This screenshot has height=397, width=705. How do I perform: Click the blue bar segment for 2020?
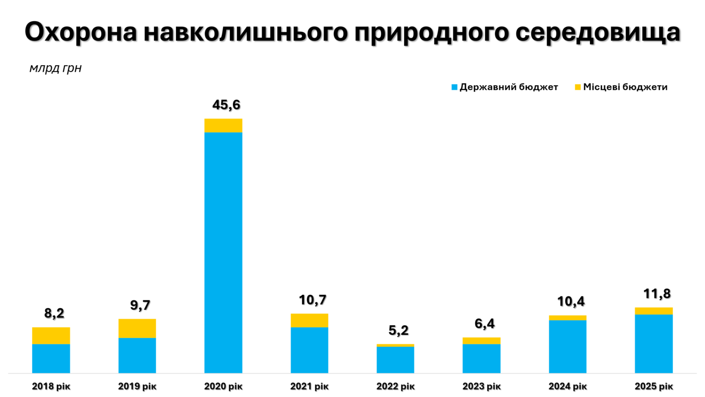(x=223, y=252)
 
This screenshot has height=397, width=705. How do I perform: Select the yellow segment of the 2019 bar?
(x=137, y=328)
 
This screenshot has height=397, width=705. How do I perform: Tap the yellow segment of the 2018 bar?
(x=51, y=335)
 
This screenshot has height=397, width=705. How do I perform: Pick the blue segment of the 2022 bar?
(x=395, y=359)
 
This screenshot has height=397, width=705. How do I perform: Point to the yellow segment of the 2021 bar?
(x=309, y=320)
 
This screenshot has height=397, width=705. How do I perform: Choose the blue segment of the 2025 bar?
(x=653, y=343)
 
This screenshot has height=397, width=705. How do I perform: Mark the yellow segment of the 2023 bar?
(x=481, y=341)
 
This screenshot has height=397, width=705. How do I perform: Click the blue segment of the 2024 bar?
(x=567, y=346)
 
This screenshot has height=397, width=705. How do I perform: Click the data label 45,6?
(x=226, y=105)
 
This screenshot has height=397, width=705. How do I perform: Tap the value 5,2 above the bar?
(x=398, y=330)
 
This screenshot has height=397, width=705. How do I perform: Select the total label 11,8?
(x=656, y=294)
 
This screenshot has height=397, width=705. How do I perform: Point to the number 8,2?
(x=54, y=314)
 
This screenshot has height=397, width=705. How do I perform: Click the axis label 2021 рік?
(x=309, y=386)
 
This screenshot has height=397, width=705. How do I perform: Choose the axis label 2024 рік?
(x=567, y=386)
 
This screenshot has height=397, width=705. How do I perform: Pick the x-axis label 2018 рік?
(x=51, y=386)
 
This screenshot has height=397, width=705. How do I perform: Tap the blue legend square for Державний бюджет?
(x=454, y=87)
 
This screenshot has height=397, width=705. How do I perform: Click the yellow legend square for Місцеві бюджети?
(x=577, y=87)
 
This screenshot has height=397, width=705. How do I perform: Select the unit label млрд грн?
(x=55, y=69)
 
